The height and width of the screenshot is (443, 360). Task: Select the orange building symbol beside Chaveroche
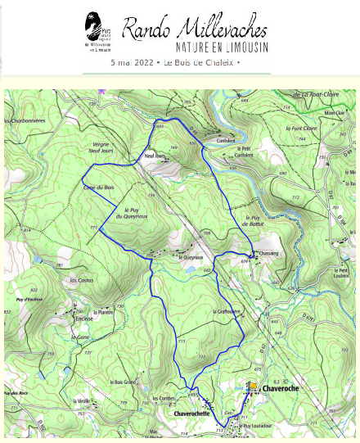[254, 386]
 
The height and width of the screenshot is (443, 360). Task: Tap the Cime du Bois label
[98, 188]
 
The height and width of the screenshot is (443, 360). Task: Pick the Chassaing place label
[269, 255]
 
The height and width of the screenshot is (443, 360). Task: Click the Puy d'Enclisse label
[29, 301]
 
